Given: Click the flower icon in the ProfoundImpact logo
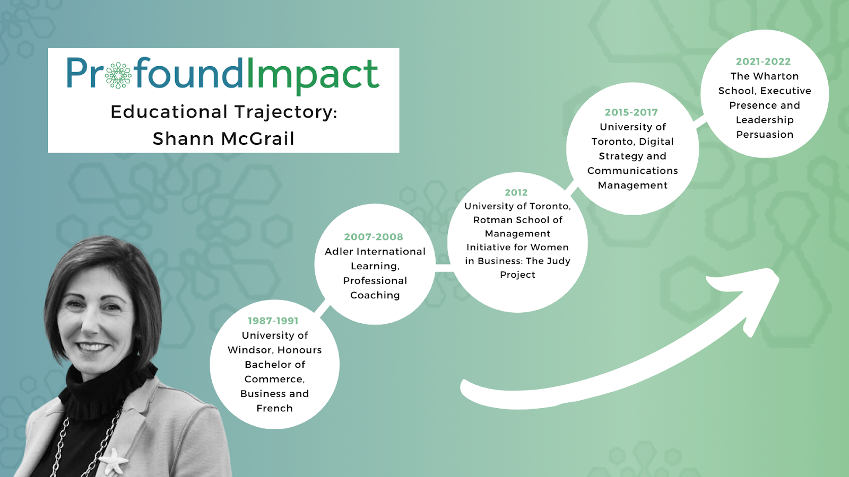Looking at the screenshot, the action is [118, 75].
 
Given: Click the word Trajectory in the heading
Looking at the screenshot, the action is [286, 112].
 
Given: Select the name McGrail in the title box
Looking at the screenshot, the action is [258, 138].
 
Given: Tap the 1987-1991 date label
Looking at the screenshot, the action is [273, 321].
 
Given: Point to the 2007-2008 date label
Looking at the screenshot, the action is [374, 237].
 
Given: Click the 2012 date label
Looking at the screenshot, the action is [516, 192].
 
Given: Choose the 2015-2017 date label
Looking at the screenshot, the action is [631, 112].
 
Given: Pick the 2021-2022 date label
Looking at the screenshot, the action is [764, 61].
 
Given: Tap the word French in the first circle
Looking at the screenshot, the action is [274, 408].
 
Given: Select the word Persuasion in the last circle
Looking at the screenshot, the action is [765, 135].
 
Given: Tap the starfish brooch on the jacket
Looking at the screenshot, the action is [114, 461].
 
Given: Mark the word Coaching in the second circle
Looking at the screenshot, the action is [375, 295].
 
